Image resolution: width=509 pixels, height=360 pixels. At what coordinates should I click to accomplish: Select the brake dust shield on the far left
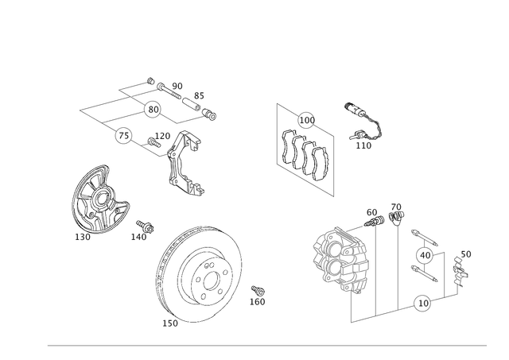[x=95, y=199]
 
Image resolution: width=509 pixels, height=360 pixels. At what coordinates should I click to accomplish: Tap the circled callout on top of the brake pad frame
[x=305, y=121]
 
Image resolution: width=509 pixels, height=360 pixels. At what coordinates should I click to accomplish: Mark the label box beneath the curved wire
[x=364, y=145]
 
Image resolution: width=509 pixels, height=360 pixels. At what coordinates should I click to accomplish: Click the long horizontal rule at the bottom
[x=266, y=346]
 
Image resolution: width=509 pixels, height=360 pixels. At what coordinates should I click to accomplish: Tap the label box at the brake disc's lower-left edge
[x=170, y=323]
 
